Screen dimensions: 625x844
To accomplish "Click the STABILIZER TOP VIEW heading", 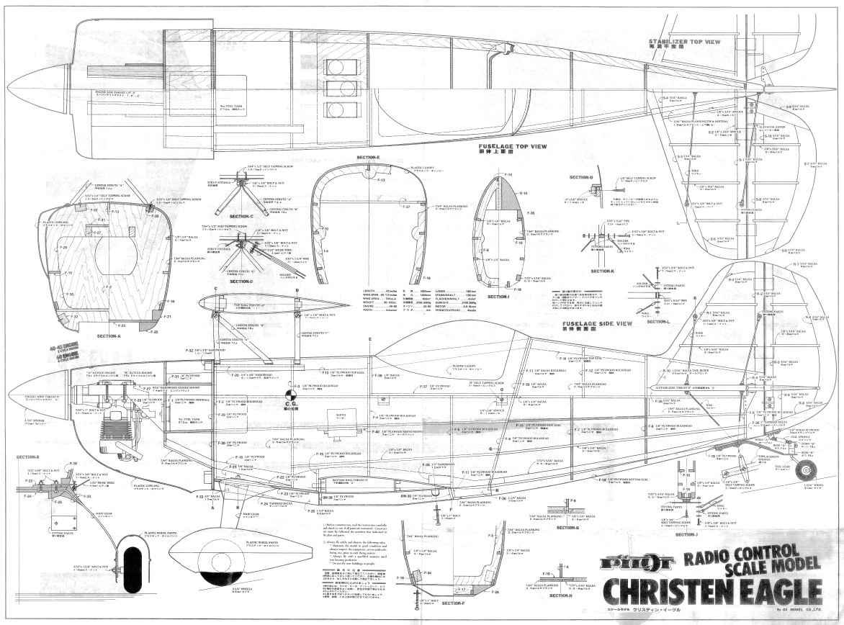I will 684,42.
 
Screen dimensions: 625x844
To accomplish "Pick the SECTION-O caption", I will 580,177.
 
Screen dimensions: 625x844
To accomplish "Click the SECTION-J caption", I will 688,534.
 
